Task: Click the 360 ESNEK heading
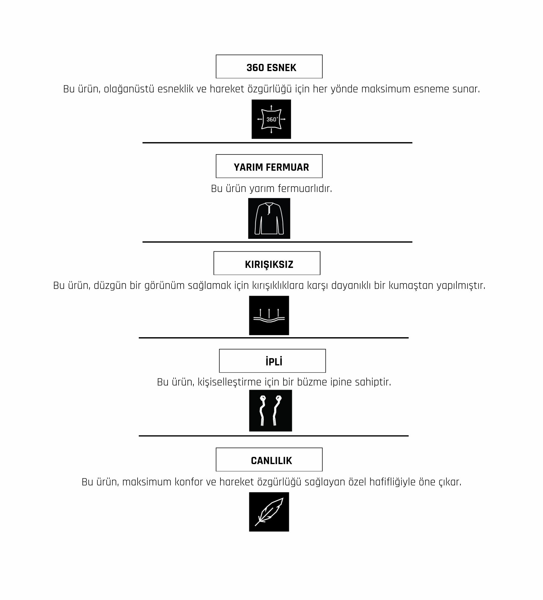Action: coord(271,68)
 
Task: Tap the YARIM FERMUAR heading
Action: coord(271,167)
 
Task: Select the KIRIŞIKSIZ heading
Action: coord(269,265)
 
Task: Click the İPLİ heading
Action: coord(274,361)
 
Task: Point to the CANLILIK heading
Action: coord(271,461)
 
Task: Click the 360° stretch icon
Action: coord(271,119)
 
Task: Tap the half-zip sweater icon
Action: coord(269,218)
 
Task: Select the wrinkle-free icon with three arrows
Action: coord(269,315)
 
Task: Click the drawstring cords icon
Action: coord(271,411)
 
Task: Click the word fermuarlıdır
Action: coord(305,189)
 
